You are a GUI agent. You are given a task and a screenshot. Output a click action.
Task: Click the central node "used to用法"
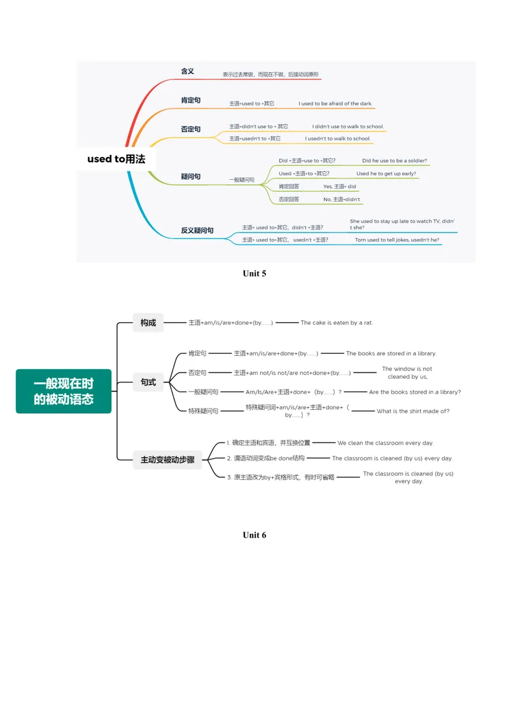pyautogui.click(x=116, y=159)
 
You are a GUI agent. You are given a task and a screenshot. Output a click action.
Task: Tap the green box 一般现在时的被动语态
pyautogui.click(x=64, y=391)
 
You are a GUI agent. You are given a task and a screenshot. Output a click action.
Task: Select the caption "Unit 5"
pyautogui.click(x=254, y=273)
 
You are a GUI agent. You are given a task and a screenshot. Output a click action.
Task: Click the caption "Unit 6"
pyautogui.click(x=254, y=535)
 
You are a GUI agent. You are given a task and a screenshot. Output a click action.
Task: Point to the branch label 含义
pyautogui.click(x=188, y=71)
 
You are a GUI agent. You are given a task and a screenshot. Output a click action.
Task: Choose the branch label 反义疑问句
pyautogui.click(x=197, y=230)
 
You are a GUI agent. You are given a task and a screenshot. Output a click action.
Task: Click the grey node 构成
pyautogui.click(x=148, y=322)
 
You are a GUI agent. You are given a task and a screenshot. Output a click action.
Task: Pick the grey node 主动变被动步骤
pyautogui.click(x=167, y=459)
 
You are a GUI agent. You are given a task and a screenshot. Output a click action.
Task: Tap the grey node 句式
pyautogui.click(x=148, y=382)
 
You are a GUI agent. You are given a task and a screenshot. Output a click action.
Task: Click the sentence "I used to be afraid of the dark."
pyautogui.click(x=335, y=104)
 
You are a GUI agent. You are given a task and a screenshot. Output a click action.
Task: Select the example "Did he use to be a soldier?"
pyautogui.click(x=394, y=161)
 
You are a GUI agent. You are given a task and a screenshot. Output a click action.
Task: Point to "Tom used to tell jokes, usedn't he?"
pyautogui.click(x=397, y=240)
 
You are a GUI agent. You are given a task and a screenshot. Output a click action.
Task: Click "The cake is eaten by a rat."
pyautogui.click(x=337, y=322)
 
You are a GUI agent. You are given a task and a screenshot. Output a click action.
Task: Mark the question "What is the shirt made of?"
pyautogui.click(x=413, y=411)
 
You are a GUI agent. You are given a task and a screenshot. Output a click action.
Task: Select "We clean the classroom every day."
pyautogui.click(x=385, y=443)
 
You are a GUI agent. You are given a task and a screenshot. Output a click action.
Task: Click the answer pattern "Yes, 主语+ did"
pyautogui.click(x=339, y=186)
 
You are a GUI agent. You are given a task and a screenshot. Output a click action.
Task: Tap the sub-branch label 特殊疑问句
pyautogui.click(x=203, y=411)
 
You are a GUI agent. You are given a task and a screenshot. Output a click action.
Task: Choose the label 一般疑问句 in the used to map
pyautogui.click(x=242, y=180)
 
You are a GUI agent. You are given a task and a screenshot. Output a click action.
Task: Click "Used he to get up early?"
pyautogui.click(x=386, y=173)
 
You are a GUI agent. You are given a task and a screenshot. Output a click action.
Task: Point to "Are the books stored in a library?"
pyautogui.click(x=415, y=392)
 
